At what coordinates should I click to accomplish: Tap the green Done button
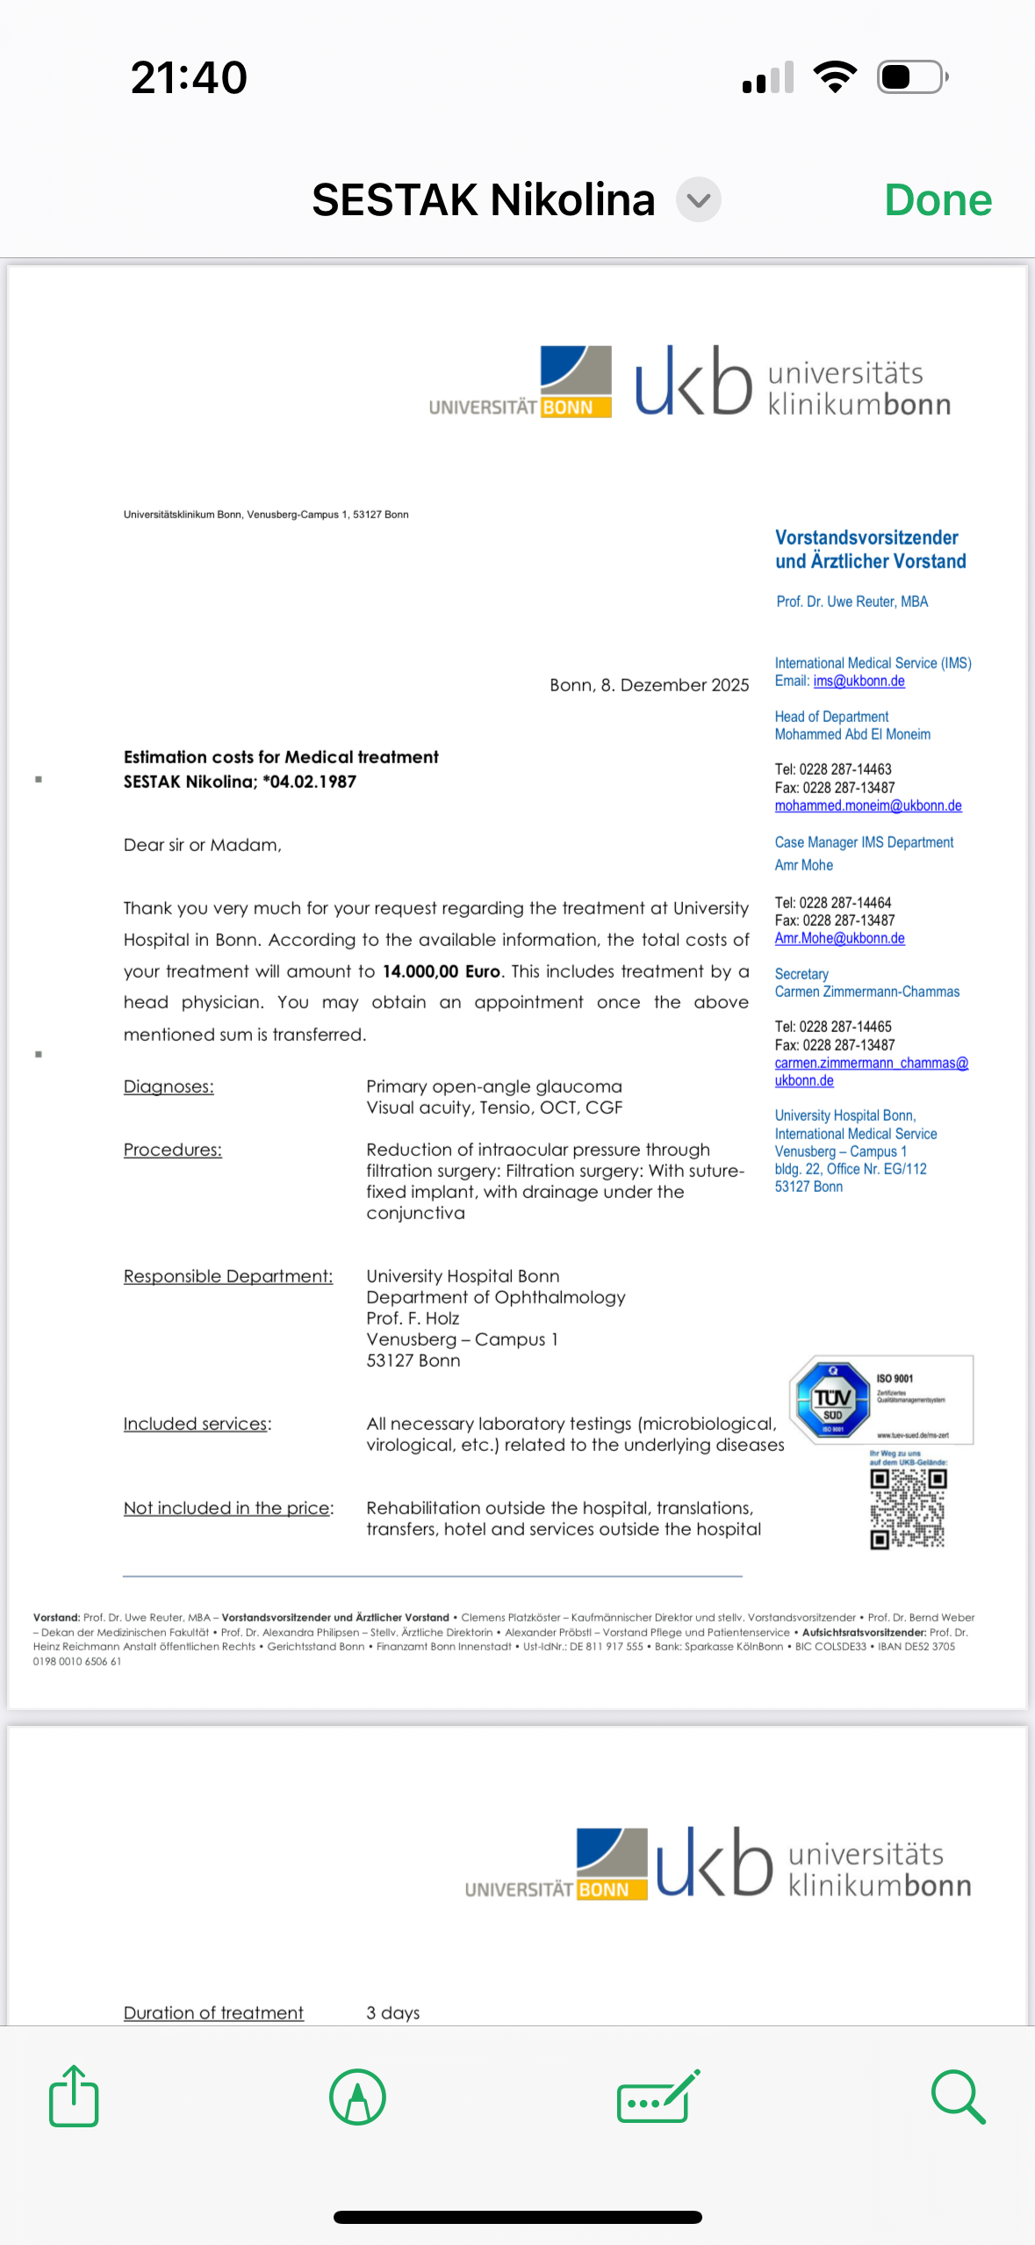[x=938, y=200]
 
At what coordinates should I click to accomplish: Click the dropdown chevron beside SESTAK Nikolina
[x=699, y=200]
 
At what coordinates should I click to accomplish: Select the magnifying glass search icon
[x=958, y=2097]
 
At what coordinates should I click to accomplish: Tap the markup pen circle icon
[x=357, y=2097]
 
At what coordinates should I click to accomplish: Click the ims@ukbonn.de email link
[x=859, y=682]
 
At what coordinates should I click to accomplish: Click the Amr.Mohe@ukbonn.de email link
[x=839, y=939]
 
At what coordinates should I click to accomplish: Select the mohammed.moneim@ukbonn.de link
[x=867, y=806]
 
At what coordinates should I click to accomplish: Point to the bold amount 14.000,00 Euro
[x=441, y=971]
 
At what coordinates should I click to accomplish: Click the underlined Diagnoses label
[x=169, y=1086]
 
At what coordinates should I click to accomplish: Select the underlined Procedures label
[x=172, y=1150]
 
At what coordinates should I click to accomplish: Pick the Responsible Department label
[x=228, y=1276]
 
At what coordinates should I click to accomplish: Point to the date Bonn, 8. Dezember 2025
[x=649, y=685]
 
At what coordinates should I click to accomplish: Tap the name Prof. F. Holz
[x=413, y=1318]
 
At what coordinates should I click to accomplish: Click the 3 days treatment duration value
[x=392, y=2012]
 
